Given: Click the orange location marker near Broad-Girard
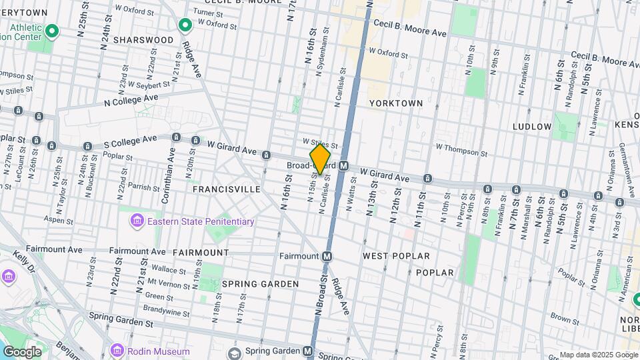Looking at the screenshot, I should click(320, 159).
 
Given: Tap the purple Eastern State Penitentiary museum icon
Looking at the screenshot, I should click(137, 221).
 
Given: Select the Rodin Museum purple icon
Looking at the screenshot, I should click(117, 351).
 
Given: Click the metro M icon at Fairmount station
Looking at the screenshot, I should click(327, 256).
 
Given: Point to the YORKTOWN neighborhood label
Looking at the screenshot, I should click(396, 103).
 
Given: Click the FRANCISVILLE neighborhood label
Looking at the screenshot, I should click(226, 189).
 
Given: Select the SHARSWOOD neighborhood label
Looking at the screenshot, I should click(143, 40).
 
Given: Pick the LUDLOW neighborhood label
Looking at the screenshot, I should click(532, 126).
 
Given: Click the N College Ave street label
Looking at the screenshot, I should click(131, 99).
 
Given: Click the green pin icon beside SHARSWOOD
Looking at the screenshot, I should click(186, 26).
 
